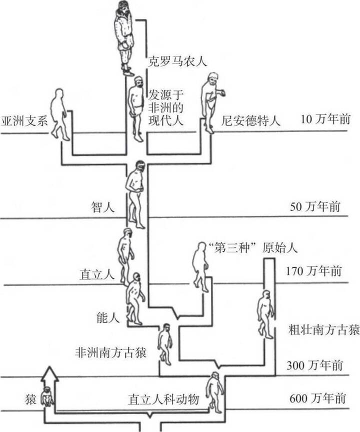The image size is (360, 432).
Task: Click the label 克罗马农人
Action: [177, 62]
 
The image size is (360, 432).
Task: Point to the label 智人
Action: [101, 205]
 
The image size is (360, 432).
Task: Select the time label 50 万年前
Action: [315, 206]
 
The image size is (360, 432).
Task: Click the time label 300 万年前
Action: [314, 365]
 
